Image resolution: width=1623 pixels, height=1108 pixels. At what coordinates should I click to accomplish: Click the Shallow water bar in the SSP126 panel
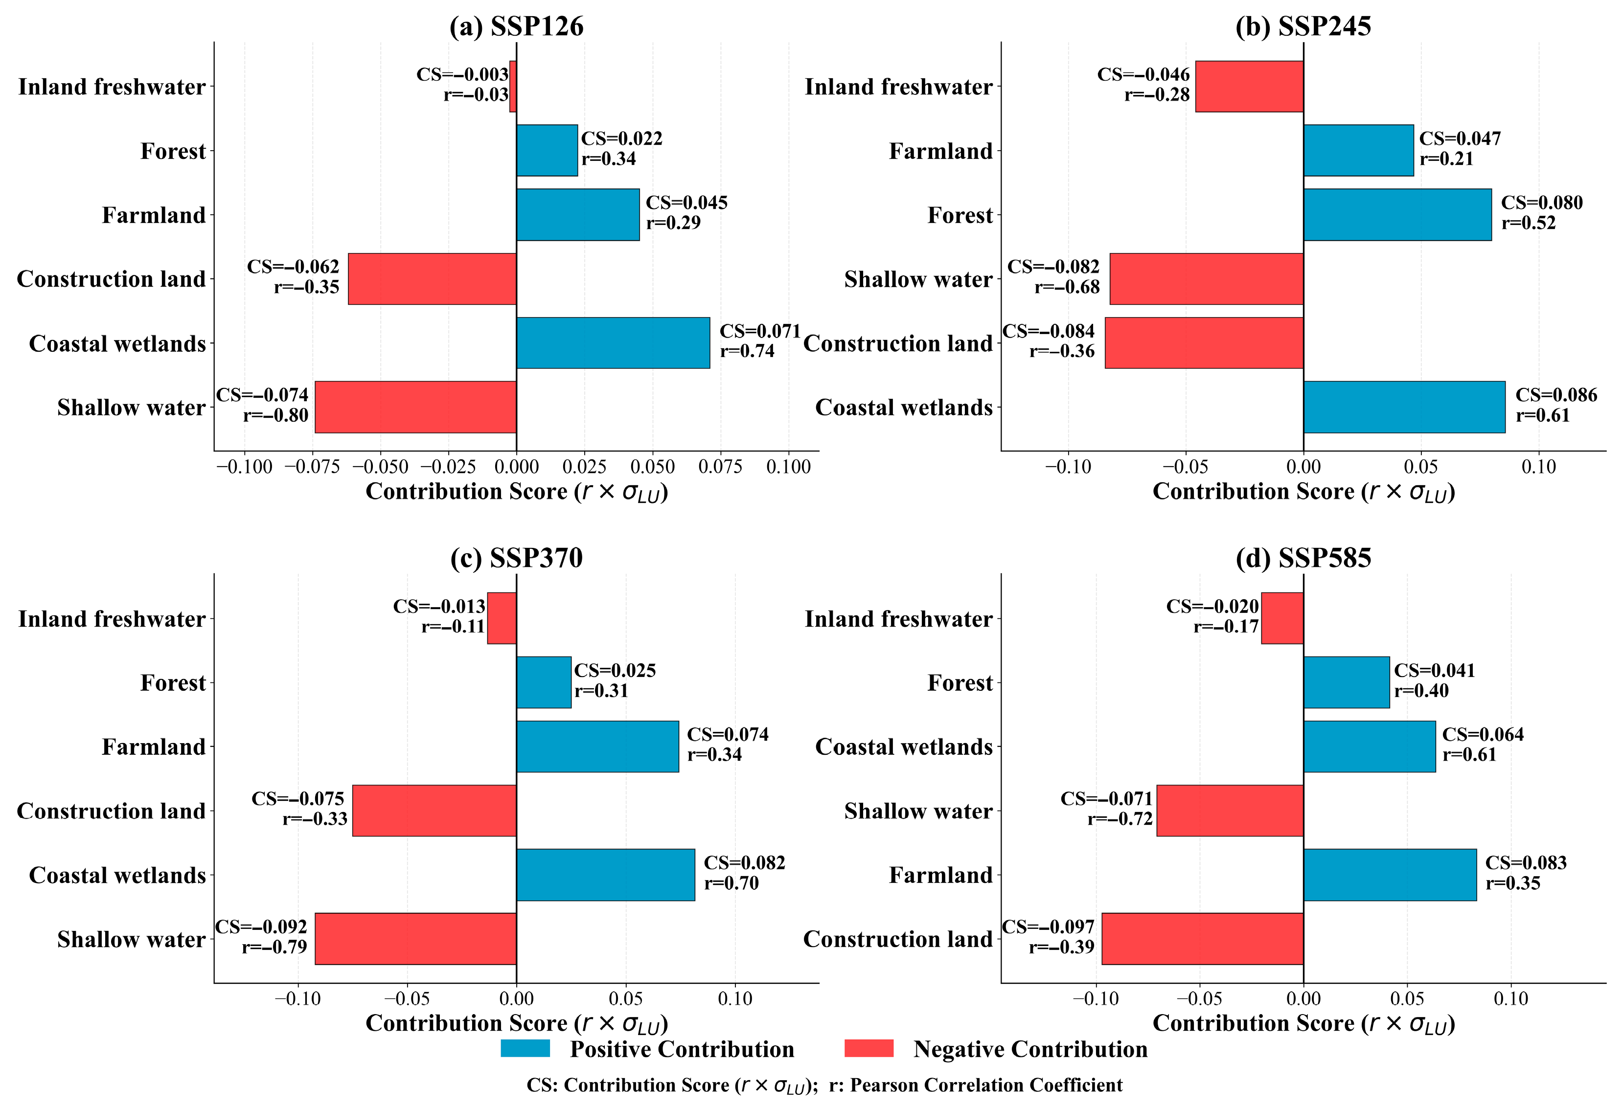pyautogui.click(x=415, y=407)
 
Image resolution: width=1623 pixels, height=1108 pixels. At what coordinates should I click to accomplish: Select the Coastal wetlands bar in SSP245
pyautogui.click(x=1404, y=407)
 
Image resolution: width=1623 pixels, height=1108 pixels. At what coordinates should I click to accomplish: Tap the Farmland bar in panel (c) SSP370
pyautogui.click(x=598, y=746)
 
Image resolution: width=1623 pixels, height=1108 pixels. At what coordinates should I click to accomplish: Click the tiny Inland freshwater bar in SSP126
pyautogui.click(x=513, y=87)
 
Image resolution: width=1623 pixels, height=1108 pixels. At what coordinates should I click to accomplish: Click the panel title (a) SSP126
pyautogui.click(x=516, y=26)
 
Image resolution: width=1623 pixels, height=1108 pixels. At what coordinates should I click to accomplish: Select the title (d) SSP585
pyautogui.click(x=1303, y=558)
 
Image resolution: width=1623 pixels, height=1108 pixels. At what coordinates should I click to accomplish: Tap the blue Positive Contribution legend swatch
pyautogui.click(x=525, y=1049)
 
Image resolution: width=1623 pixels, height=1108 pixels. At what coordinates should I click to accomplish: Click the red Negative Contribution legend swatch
pyautogui.click(x=869, y=1049)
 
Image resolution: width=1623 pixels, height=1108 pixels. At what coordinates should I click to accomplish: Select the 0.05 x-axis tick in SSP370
pyautogui.click(x=626, y=999)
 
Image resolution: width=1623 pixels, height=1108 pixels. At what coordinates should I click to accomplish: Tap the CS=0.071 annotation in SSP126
pyautogui.click(x=760, y=331)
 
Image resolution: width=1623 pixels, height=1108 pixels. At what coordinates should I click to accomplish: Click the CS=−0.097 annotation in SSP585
pyautogui.click(x=1048, y=927)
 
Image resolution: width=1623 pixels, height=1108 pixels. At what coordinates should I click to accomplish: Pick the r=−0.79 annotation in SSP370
pyautogui.click(x=274, y=947)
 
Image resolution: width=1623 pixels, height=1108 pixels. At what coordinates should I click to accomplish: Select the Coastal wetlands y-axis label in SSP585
pyautogui.click(x=904, y=747)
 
